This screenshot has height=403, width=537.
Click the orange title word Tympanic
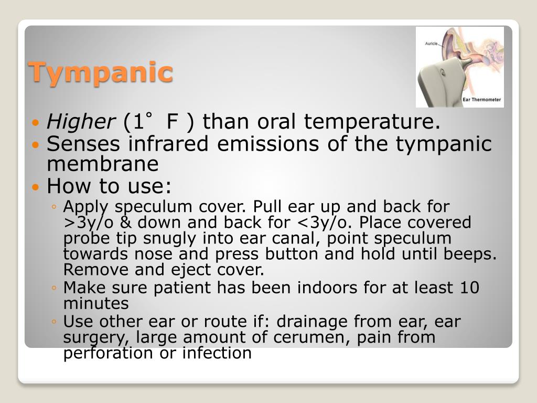[x=100, y=72]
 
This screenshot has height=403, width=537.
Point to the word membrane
[x=103, y=164]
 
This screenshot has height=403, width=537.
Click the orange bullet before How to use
[x=36, y=186]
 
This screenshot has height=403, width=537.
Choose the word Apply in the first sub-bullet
[x=83, y=207]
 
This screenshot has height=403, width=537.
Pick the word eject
[x=201, y=270]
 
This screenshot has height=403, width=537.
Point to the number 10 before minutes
[x=469, y=288]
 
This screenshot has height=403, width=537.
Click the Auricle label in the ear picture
[x=432, y=44]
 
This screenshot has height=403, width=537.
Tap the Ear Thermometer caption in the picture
[x=481, y=99]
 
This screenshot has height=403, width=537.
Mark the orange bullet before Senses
[x=36, y=144]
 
